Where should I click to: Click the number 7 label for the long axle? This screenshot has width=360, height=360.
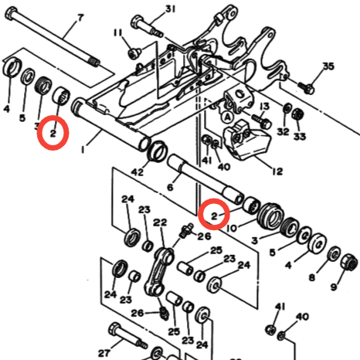[80, 18]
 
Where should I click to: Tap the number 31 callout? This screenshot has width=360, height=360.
[170, 9]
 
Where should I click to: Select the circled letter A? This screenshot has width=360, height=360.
[228, 117]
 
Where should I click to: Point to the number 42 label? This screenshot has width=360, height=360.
[137, 172]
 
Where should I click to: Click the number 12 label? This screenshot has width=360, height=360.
[277, 172]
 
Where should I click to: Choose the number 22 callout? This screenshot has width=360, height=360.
[160, 222]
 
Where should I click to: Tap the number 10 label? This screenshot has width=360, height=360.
[233, 228]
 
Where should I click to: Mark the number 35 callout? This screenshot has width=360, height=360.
[328, 66]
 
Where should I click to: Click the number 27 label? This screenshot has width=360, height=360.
[104, 352]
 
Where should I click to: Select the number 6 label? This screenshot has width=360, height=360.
[170, 187]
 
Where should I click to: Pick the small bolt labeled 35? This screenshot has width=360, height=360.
[307, 87]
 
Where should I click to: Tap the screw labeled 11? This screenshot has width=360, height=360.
[134, 53]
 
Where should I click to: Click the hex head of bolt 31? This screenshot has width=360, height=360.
[138, 21]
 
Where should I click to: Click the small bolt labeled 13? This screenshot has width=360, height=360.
[261, 121]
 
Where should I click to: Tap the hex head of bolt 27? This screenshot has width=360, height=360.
[115, 328]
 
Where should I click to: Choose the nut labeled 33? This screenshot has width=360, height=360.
[297, 114]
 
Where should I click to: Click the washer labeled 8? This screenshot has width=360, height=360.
[335, 253]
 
